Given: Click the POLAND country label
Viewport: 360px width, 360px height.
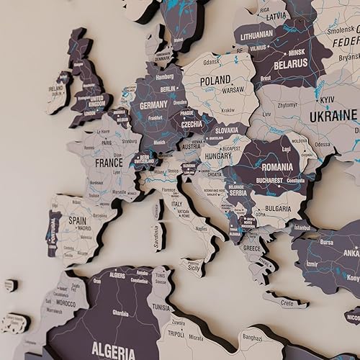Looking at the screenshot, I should pyautogui.click(x=215, y=80).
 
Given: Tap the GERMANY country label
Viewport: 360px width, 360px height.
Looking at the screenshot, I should pyautogui.click(x=153, y=104).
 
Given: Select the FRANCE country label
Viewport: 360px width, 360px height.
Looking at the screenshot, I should pyautogui.click(x=109, y=163).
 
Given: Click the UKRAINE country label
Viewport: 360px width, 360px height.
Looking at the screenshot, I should pyautogui.click(x=333, y=115).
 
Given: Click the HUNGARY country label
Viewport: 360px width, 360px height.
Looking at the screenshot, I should pyautogui.click(x=217, y=155).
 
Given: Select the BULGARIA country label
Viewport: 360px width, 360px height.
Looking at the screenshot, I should pyautogui.click(x=278, y=208).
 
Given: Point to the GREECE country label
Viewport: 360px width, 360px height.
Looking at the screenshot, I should pyautogui.click(x=251, y=248).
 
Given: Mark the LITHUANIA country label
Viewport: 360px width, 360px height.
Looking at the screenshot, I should pyautogui.click(x=257, y=34).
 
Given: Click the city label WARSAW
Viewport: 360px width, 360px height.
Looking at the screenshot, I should pyautogui.click(x=233, y=91).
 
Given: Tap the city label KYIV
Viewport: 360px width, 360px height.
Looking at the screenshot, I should pyautogui.click(x=328, y=99).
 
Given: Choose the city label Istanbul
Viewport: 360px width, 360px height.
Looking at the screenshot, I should pyautogui.click(x=302, y=228).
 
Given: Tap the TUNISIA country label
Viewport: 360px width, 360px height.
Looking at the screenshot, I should pyautogui.click(x=160, y=307).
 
